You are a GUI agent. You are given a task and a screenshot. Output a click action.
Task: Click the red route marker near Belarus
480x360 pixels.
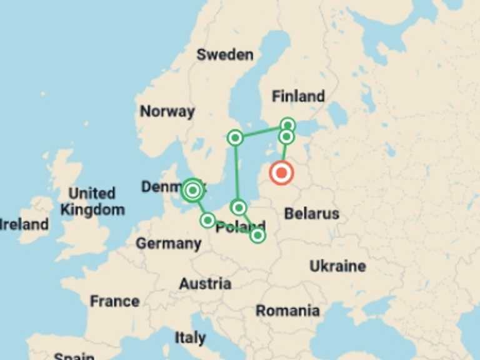point(282,172)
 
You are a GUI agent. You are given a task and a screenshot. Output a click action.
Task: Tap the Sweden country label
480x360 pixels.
point(225,54)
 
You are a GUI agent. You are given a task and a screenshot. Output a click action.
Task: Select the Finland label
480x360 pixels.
point(298,96)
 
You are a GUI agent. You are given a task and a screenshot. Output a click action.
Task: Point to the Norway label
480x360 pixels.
point(167,112)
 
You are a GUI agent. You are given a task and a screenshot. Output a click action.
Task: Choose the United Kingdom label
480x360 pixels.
point(92,201)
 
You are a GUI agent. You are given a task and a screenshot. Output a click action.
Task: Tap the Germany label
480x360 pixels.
point(169,243)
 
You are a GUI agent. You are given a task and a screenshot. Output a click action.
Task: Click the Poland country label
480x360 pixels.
point(241,227)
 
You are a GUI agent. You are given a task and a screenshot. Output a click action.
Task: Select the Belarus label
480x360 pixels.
point(311,214)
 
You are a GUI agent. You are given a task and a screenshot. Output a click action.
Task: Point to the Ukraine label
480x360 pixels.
point(337,266)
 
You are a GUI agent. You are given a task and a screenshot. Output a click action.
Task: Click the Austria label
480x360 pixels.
point(205,284)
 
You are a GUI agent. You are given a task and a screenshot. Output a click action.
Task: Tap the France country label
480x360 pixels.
point(114,301)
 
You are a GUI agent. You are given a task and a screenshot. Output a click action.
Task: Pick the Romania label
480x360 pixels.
point(287,311)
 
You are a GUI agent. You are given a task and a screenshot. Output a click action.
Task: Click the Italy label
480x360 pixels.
point(190,338)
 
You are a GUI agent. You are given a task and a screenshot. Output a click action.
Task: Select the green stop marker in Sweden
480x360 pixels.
point(235,137)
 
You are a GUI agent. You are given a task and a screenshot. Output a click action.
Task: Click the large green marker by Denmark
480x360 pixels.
point(193,190)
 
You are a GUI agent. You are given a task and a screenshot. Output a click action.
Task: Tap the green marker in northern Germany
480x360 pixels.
point(207,220)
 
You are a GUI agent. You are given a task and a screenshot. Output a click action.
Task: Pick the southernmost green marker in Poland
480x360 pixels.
point(257,236)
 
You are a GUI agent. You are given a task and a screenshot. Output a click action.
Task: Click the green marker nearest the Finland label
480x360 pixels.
point(287,125)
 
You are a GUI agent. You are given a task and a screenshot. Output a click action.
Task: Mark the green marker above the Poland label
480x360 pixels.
point(239,207)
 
